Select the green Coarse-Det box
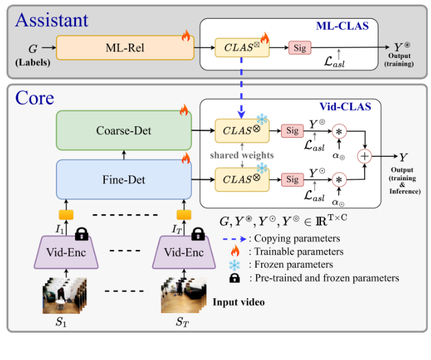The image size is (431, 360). pyautogui.click(x=123, y=131)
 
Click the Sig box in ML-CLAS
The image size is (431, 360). pyautogui.click(x=300, y=48)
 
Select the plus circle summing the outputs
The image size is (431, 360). pyautogui.click(x=365, y=156)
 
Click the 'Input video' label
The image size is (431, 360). pyautogui.click(x=238, y=302)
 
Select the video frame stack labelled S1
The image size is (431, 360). pyautogui.click(x=63, y=294)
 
